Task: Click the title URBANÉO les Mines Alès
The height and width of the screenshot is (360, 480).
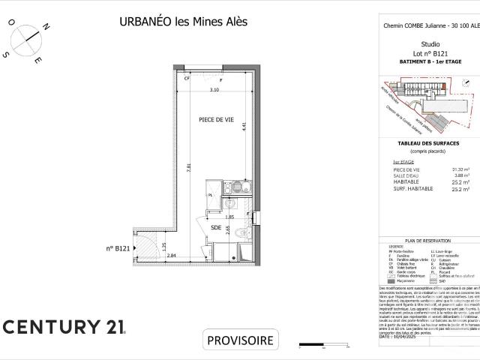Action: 183,21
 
